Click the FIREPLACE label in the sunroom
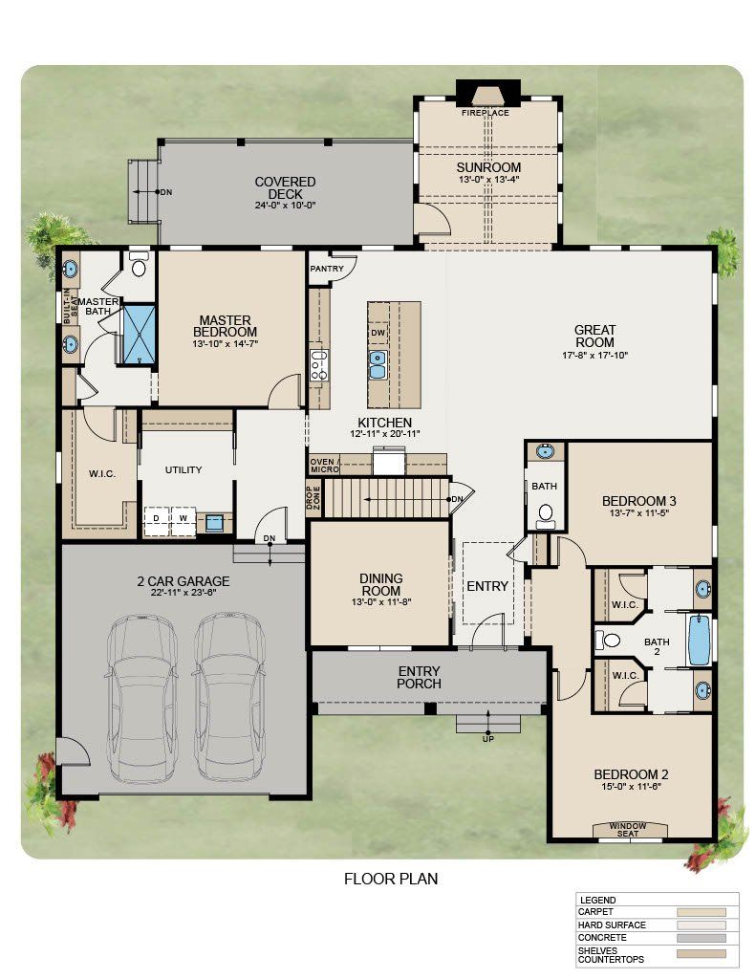(x=486, y=113)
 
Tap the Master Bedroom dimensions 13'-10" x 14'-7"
(x=226, y=343)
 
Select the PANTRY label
(x=327, y=269)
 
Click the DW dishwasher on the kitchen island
(x=378, y=333)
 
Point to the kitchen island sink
(x=378, y=364)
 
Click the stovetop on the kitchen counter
(x=319, y=366)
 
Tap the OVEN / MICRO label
(x=324, y=466)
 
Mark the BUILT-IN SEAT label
(x=70, y=309)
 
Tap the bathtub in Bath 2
(x=700, y=641)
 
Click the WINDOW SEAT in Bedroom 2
(x=629, y=829)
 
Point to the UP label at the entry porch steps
(x=488, y=739)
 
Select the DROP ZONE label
(x=313, y=497)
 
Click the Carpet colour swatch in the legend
(x=702, y=912)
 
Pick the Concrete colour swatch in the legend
(x=702, y=938)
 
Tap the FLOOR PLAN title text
(x=391, y=880)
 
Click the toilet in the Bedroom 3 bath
(x=546, y=513)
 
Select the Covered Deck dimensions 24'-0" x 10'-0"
(x=286, y=205)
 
